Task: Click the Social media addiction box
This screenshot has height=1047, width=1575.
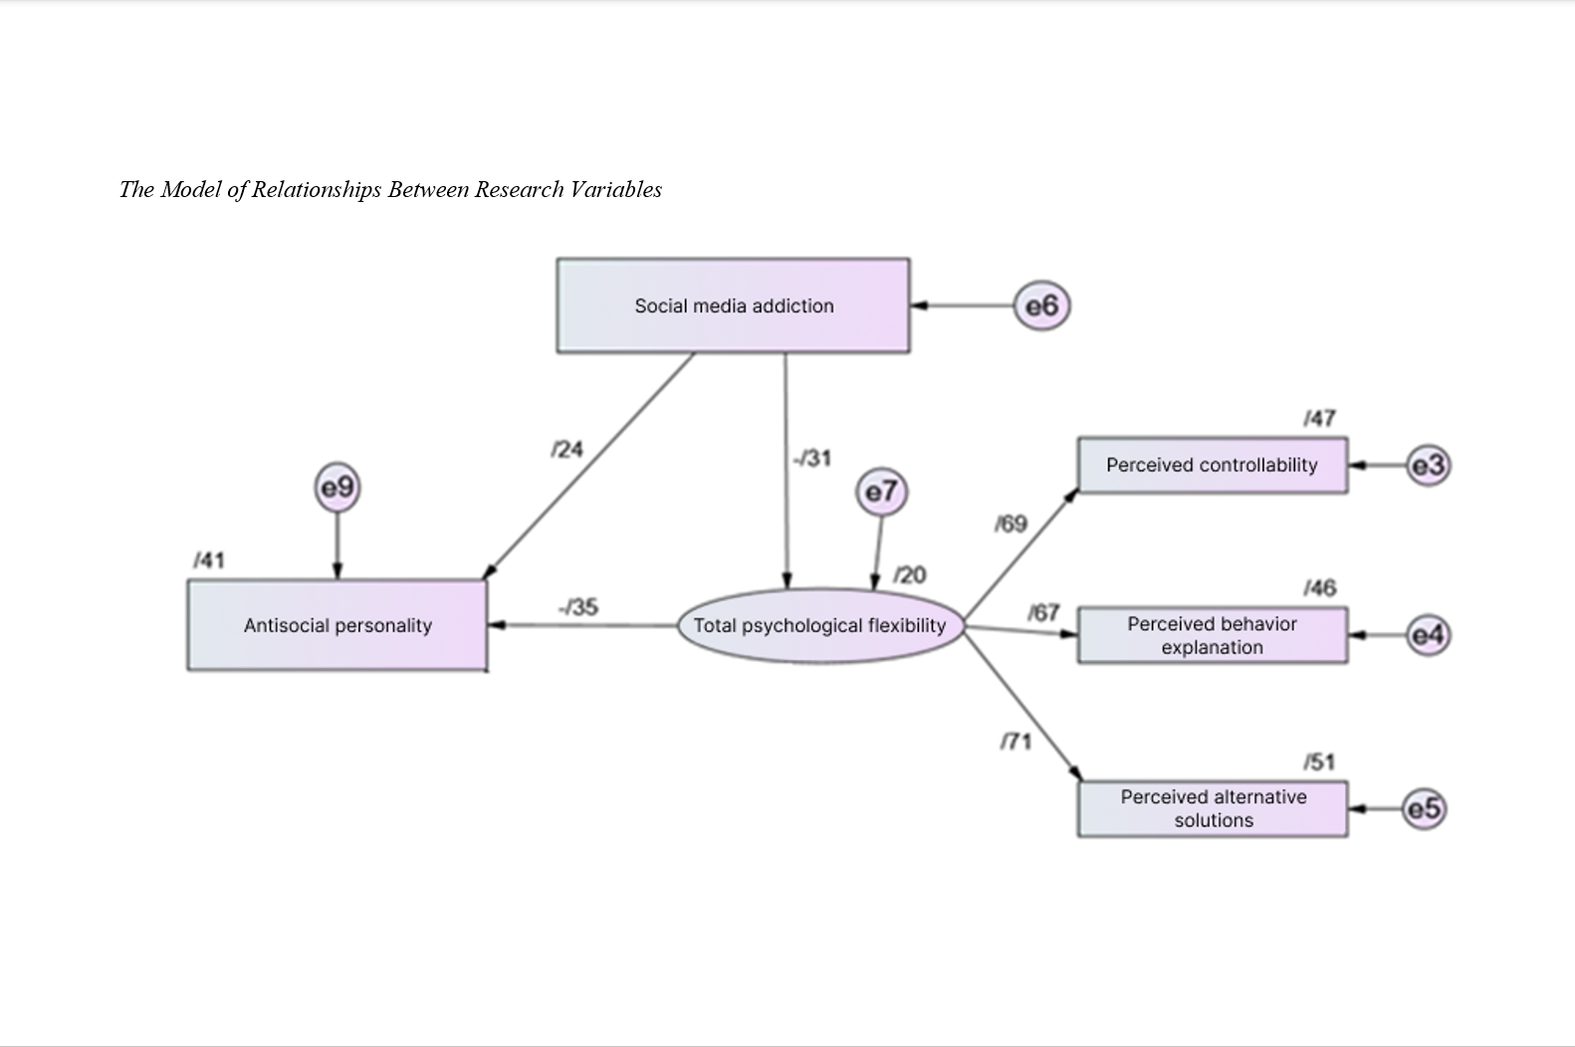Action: [x=733, y=306]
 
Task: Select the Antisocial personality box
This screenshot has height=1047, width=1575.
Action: [x=337, y=625]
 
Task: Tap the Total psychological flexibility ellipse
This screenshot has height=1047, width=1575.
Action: [x=819, y=625]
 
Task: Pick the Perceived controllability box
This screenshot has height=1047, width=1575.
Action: [x=1212, y=465]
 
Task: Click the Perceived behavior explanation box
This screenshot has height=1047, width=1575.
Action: [x=1212, y=635]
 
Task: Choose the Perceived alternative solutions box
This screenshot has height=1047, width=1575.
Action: [x=1212, y=808]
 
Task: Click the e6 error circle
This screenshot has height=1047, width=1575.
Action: [x=1041, y=306]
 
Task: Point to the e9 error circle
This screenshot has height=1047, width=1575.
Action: [x=337, y=488]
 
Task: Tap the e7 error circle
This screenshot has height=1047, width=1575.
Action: [x=881, y=492]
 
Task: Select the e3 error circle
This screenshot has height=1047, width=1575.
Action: [x=1428, y=465]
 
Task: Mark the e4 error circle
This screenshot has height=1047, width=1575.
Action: [x=1428, y=635]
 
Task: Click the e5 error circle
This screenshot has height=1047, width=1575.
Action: [x=1424, y=808]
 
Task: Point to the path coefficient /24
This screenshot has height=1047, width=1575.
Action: [x=566, y=450]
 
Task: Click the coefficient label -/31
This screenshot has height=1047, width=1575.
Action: [x=811, y=458]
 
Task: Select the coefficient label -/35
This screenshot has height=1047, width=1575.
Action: [x=578, y=606]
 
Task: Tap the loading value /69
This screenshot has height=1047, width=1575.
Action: [x=1011, y=523]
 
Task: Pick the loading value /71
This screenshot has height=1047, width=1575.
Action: [x=1015, y=741]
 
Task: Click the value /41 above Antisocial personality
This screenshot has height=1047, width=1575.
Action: [x=209, y=560]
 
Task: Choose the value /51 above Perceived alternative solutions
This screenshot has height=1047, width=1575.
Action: [x=1319, y=762]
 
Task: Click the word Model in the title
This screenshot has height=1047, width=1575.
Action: [x=192, y=189]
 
